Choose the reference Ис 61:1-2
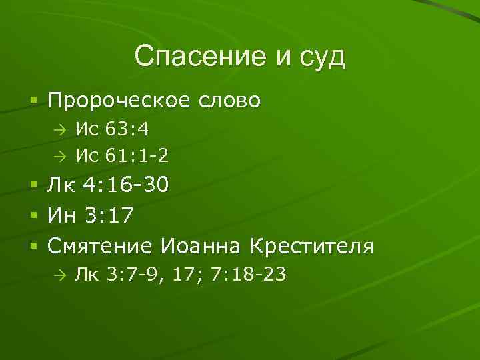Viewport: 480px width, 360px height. (x=121, y=156)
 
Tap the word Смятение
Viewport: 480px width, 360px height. (x=101, y=247)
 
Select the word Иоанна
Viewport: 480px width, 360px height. (x=201, y=247)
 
